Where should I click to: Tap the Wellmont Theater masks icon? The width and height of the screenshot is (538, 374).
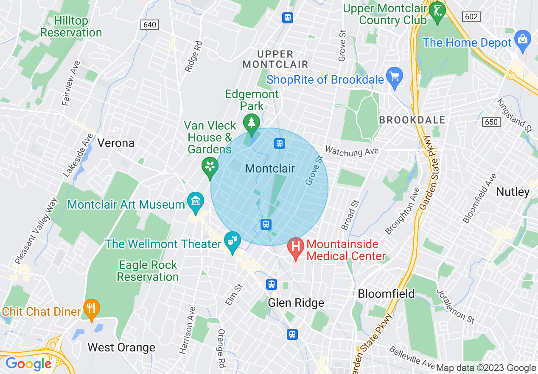pos(233,241)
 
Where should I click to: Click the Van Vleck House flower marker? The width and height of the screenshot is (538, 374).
pos(210,167)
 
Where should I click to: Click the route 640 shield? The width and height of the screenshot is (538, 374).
pos(150,25)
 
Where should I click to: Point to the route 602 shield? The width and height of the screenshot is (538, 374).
pos(471,17)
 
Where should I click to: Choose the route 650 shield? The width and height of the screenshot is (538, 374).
pos(491,122)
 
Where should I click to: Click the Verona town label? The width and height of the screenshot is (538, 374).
pos(116,143)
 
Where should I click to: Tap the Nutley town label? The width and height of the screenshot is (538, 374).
pos(513,192)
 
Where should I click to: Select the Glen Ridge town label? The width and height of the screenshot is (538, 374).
pos(296,303)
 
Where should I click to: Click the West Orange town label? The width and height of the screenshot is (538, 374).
pos(121,347)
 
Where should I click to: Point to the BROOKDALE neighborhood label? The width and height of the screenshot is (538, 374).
pos(412,120)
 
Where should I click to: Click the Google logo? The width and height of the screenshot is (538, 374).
pos(28,364)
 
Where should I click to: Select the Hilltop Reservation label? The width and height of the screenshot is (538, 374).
pos(71,26)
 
